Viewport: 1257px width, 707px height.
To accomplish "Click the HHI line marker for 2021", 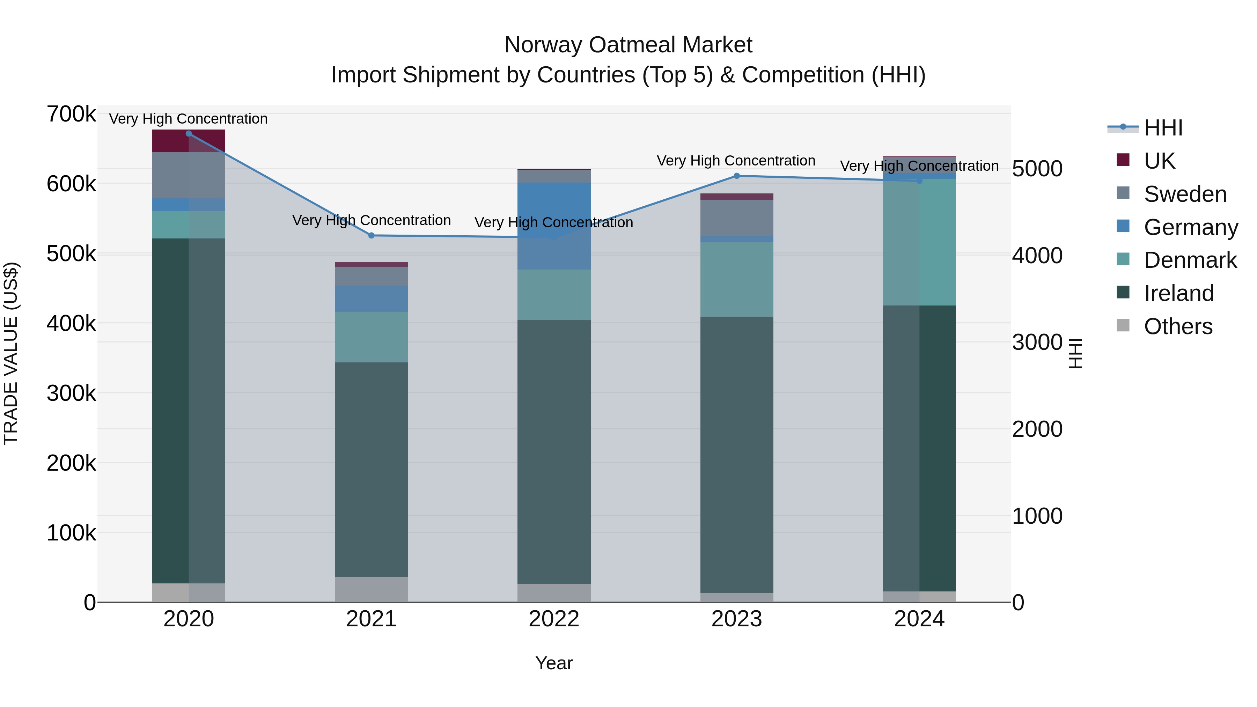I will pyautogui.click(x=372, y=236).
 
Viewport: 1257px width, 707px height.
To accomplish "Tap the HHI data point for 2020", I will pyautogui.click(x=189, y=134).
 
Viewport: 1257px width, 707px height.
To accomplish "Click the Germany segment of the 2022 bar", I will pyautogui.click(x=554, y=226).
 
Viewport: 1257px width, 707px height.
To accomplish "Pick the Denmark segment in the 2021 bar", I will pyautogui.click(x=372, y=337).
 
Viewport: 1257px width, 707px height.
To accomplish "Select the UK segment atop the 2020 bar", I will pyautogui.click(x=189, y=141).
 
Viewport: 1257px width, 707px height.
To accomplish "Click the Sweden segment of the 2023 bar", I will pyautogui.click(x=737, y=218).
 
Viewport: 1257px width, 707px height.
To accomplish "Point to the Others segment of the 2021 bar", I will pyautogui.click(x=372, y=589).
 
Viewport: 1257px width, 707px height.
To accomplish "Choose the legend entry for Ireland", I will pyautogui.click(x=1178, y=293).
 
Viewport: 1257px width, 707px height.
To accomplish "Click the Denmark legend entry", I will pyautogui.click(x=1190, y=260).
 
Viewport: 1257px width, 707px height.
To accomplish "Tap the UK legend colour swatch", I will pyautogui.click(x=1123, y=160).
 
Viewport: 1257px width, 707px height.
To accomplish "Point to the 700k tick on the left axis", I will pyautogui.click(x=71, y=114).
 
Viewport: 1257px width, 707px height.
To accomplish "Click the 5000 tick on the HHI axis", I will pyautogui.click(x=1037, y=169).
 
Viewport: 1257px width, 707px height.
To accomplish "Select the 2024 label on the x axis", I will pyautogui.click(x=919, y=619).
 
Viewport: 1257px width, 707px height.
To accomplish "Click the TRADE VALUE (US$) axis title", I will pyautogui.click(x=11, y=353).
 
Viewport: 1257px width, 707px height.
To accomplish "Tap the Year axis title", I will pyautogui.click(x=554, y=663).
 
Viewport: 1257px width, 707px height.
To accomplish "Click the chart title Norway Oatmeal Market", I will pyautogui.click(x=628, y=45).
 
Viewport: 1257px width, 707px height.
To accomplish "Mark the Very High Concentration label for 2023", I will pyautogui.click(x=736, y=161).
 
